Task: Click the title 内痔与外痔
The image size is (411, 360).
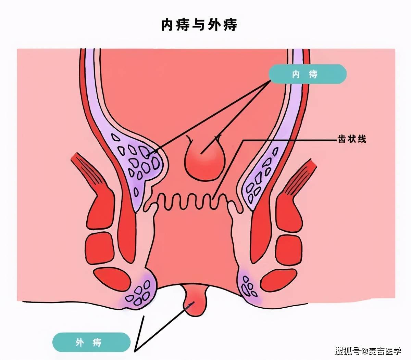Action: [x=199, y=25]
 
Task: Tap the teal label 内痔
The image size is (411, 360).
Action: [x=308, y=74]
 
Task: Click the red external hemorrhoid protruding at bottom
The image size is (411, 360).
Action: [x=195, y=300]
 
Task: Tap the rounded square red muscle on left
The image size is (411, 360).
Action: [x=99, y=248]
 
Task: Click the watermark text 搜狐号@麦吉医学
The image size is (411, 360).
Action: [x=368, y=351]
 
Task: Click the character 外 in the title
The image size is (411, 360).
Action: [x=214, y=25]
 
